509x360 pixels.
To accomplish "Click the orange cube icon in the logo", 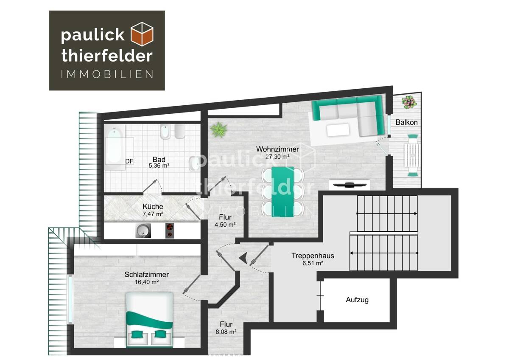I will pos(142,34).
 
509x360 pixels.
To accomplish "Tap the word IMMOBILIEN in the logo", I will pos(107,75).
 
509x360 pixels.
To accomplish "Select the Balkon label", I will pos(406,122).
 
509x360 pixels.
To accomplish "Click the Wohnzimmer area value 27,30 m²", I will pos(277,157).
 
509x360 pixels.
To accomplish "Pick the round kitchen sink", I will pos(143,231).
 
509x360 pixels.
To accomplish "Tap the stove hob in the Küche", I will pos(170,230).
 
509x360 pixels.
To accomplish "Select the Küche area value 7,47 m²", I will pos(153,214).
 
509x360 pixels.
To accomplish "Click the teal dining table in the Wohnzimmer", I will pos(282,191).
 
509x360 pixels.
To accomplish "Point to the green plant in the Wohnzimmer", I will pos(219,128).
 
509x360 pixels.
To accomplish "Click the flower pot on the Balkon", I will pos(409,102).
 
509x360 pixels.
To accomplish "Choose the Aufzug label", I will pos(357,300).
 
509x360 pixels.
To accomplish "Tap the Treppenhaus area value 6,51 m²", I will pos(313,263).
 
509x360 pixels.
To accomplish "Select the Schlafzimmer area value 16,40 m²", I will pos(147,282).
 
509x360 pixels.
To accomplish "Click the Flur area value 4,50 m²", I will pos(224,224).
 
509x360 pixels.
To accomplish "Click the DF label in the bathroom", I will pos(129,161).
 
